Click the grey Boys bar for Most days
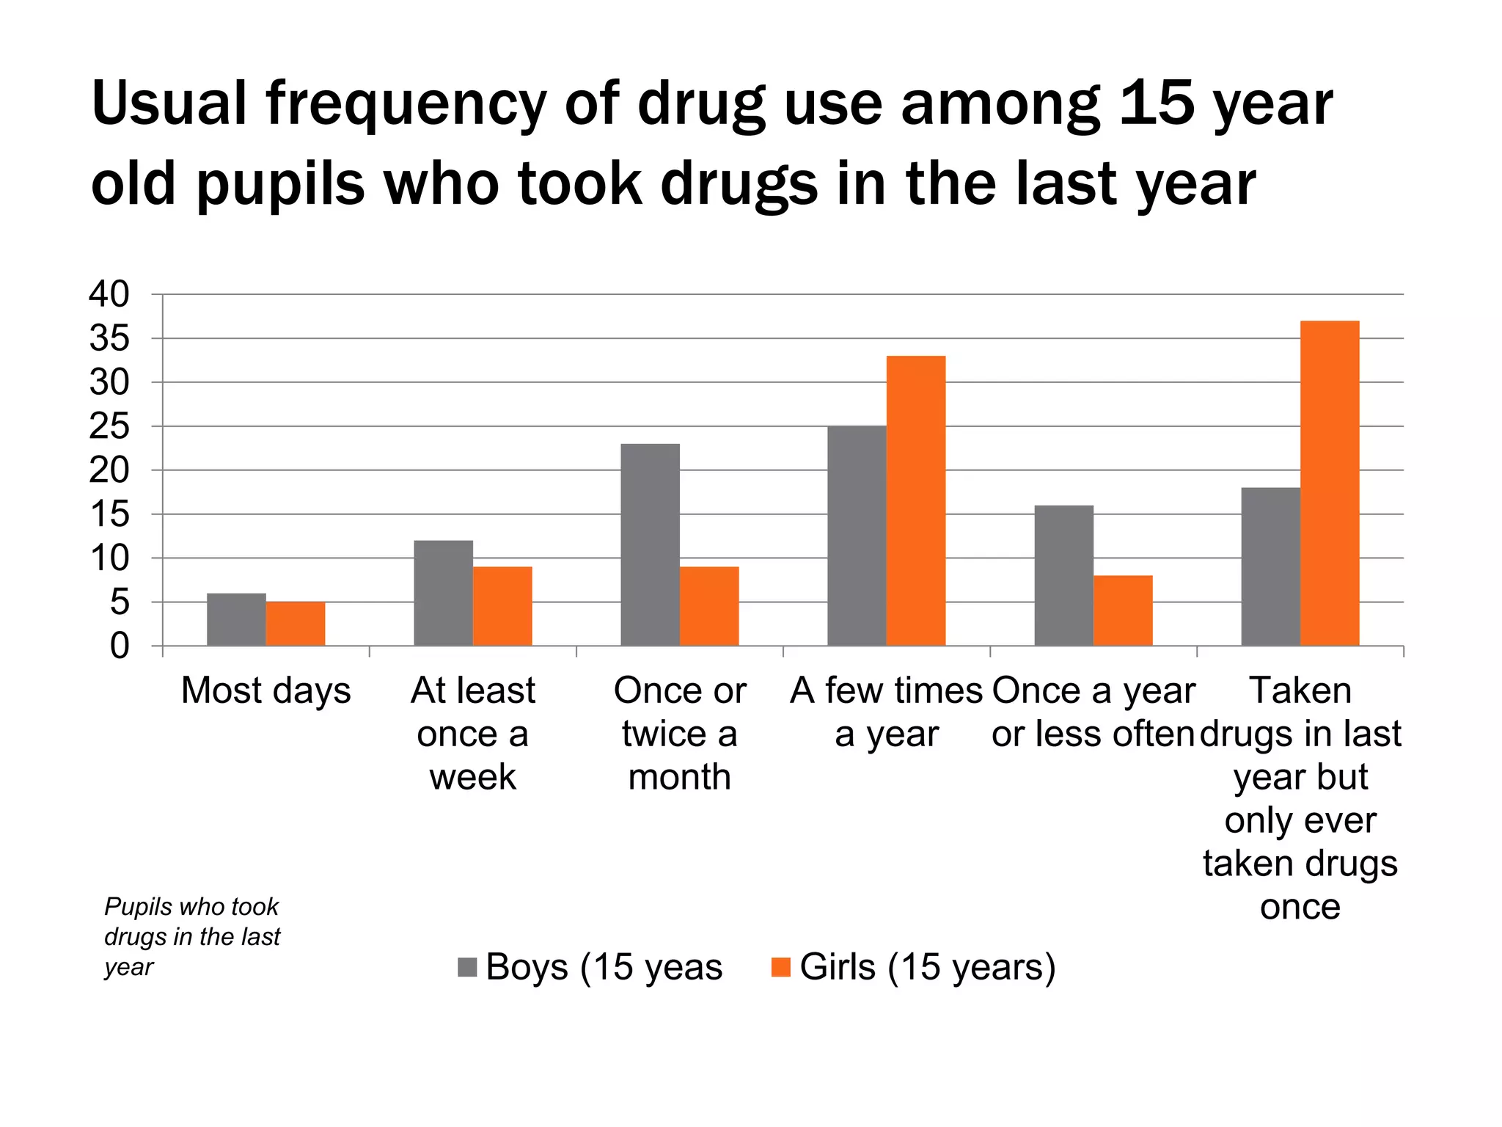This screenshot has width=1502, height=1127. point(236,619)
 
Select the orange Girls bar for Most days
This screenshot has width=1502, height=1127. point(295,624)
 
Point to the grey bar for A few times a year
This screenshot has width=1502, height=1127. point(857,536)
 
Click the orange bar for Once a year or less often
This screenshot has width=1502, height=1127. point(1122,610)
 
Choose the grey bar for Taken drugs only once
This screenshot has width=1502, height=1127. point(1270,566)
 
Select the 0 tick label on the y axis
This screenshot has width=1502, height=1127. point(119,646)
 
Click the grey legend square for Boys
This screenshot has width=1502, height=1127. point(467,967)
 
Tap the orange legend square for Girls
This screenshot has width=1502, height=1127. point(781,967)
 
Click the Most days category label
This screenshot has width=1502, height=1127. point(265,690)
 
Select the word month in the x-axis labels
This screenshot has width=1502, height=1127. point(679,776)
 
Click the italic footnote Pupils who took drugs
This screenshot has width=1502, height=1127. point(192,936)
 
